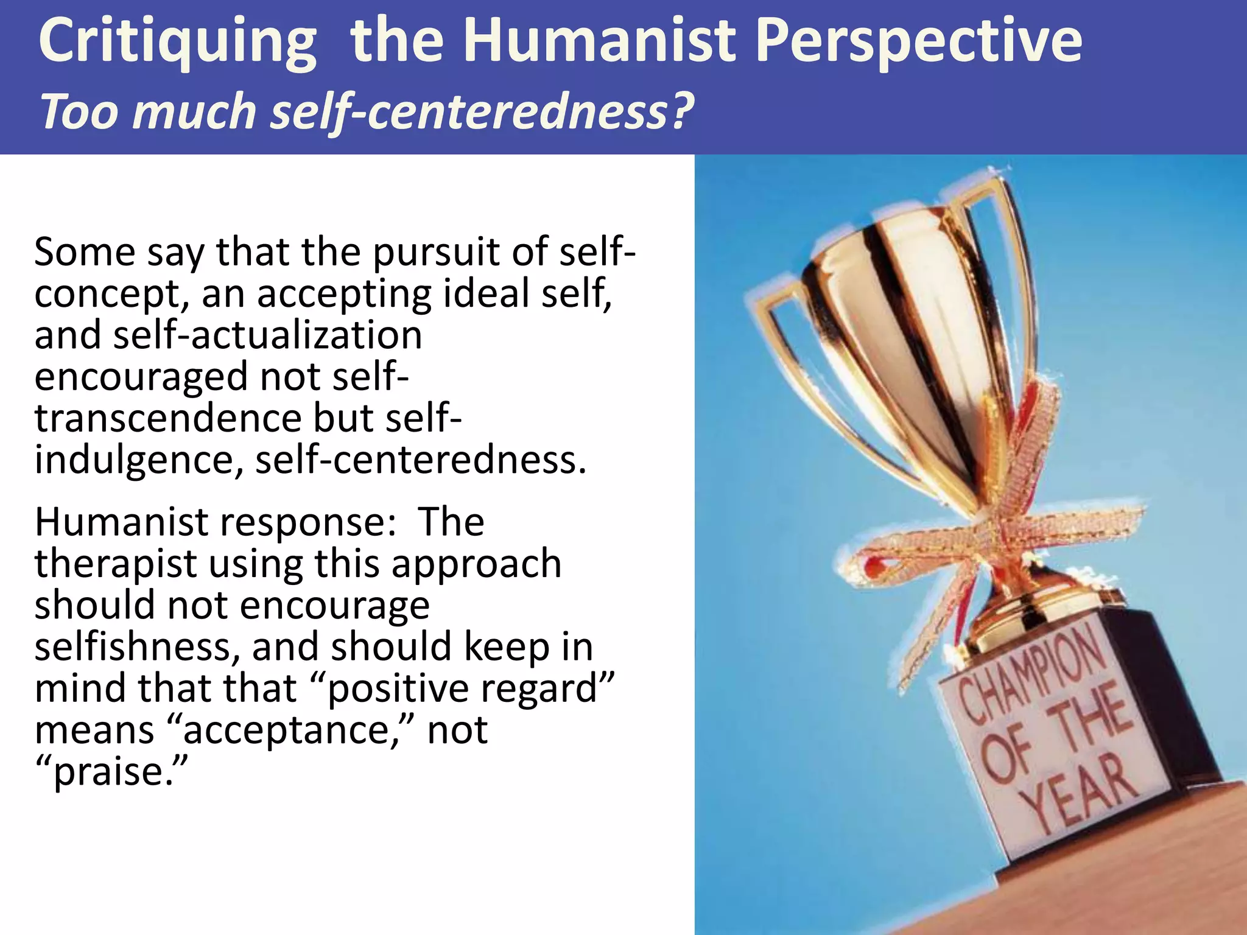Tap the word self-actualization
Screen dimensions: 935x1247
click(x=268, y=335)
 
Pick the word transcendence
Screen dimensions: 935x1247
click(x=168, y=418)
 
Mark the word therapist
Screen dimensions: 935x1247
click(x=116, y=564)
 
